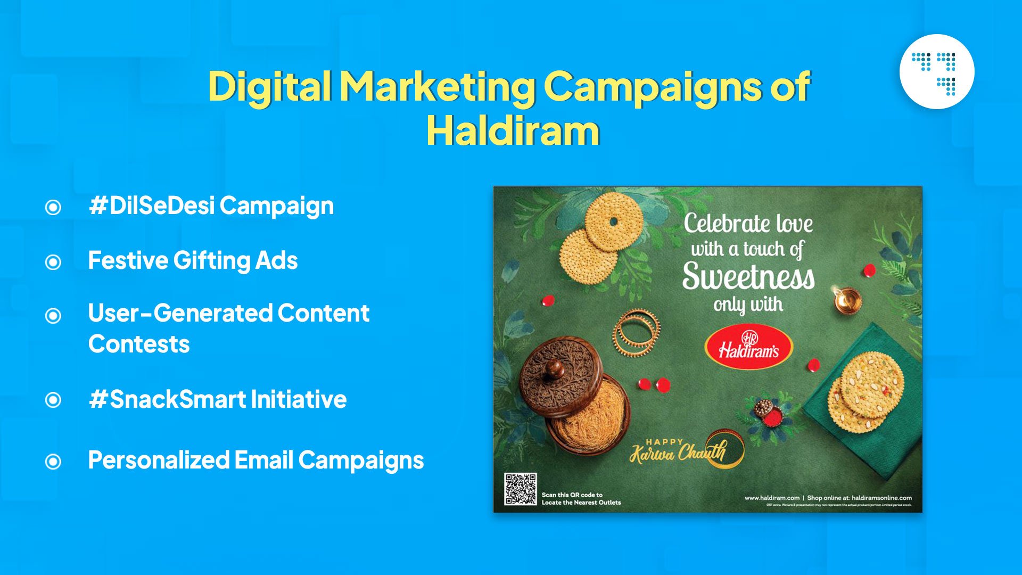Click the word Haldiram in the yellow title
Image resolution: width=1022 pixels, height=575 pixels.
(x=513, y=131)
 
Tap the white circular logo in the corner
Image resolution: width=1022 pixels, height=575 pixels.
(x=936, y=72)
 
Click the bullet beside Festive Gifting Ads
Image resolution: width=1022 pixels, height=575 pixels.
(x=53, y=262)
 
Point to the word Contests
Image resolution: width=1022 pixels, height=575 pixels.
(x=139, y=344)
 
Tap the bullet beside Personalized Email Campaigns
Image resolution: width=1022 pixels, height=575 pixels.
(x=53, y=461)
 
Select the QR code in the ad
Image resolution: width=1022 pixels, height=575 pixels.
(x=520, y=489)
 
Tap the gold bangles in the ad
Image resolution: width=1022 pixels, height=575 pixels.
(x=636, y=332)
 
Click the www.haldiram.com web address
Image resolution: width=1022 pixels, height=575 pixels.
(x=771, y=498)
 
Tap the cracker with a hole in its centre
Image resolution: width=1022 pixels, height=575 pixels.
(x=614, y=221)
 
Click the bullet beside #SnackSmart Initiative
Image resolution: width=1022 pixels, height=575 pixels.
(x=53, y=400)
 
